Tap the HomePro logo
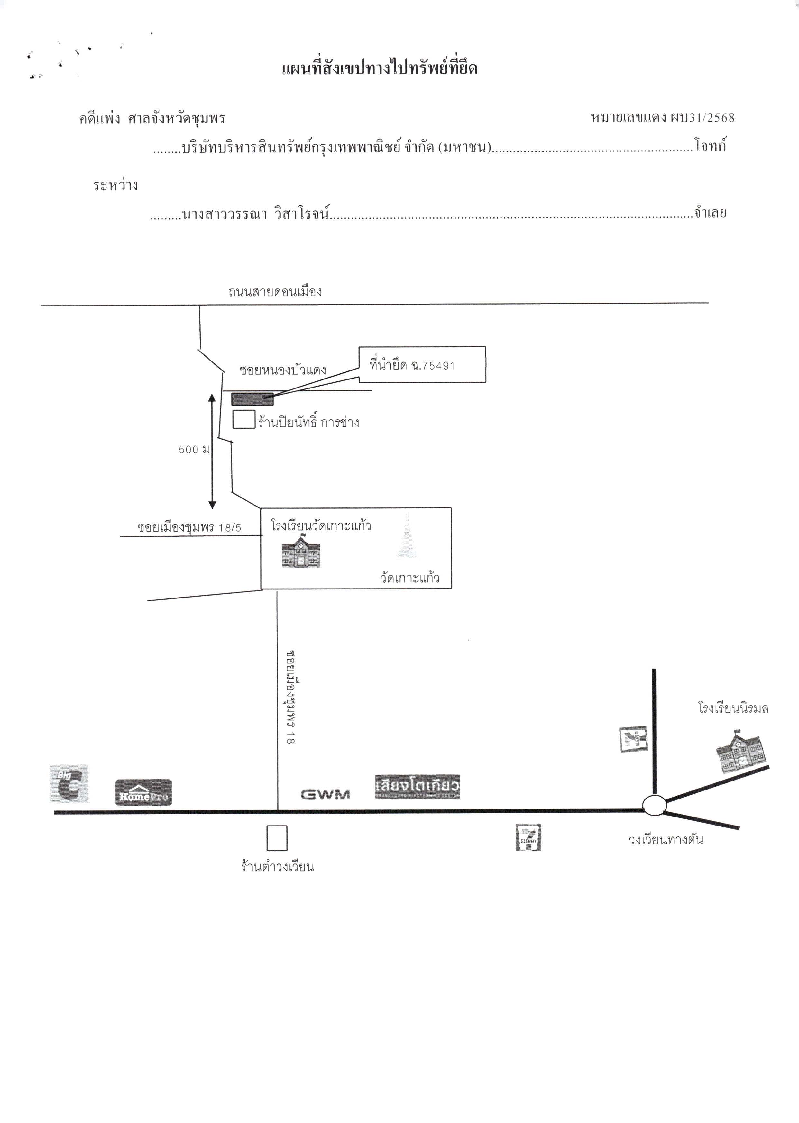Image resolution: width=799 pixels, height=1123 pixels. [x=144, y=792]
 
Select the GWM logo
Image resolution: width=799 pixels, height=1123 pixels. [x=325, y=794]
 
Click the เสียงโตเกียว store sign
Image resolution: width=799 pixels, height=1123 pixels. [x=417, y=786]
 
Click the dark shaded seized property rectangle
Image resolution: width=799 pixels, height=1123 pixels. [x=253, y=399]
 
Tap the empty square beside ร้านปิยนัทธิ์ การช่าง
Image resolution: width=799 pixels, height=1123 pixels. [x=243, y=419]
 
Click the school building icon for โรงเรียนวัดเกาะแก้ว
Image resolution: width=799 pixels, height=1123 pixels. [x=301, y=553]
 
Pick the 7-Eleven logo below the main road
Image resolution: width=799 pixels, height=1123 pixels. [x=528, y=838]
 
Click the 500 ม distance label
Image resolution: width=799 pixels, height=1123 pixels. [x=194, y=450]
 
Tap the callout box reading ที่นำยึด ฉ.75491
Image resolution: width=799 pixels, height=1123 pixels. [x=422, y=364]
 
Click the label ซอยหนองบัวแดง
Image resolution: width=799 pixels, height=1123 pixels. [x=283, y=370]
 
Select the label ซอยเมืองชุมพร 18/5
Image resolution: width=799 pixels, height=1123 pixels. [x=189, y=528]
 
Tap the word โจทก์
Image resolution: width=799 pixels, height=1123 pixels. [x=711, y=146]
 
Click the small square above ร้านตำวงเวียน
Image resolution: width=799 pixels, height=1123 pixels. [x=277, y=838]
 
